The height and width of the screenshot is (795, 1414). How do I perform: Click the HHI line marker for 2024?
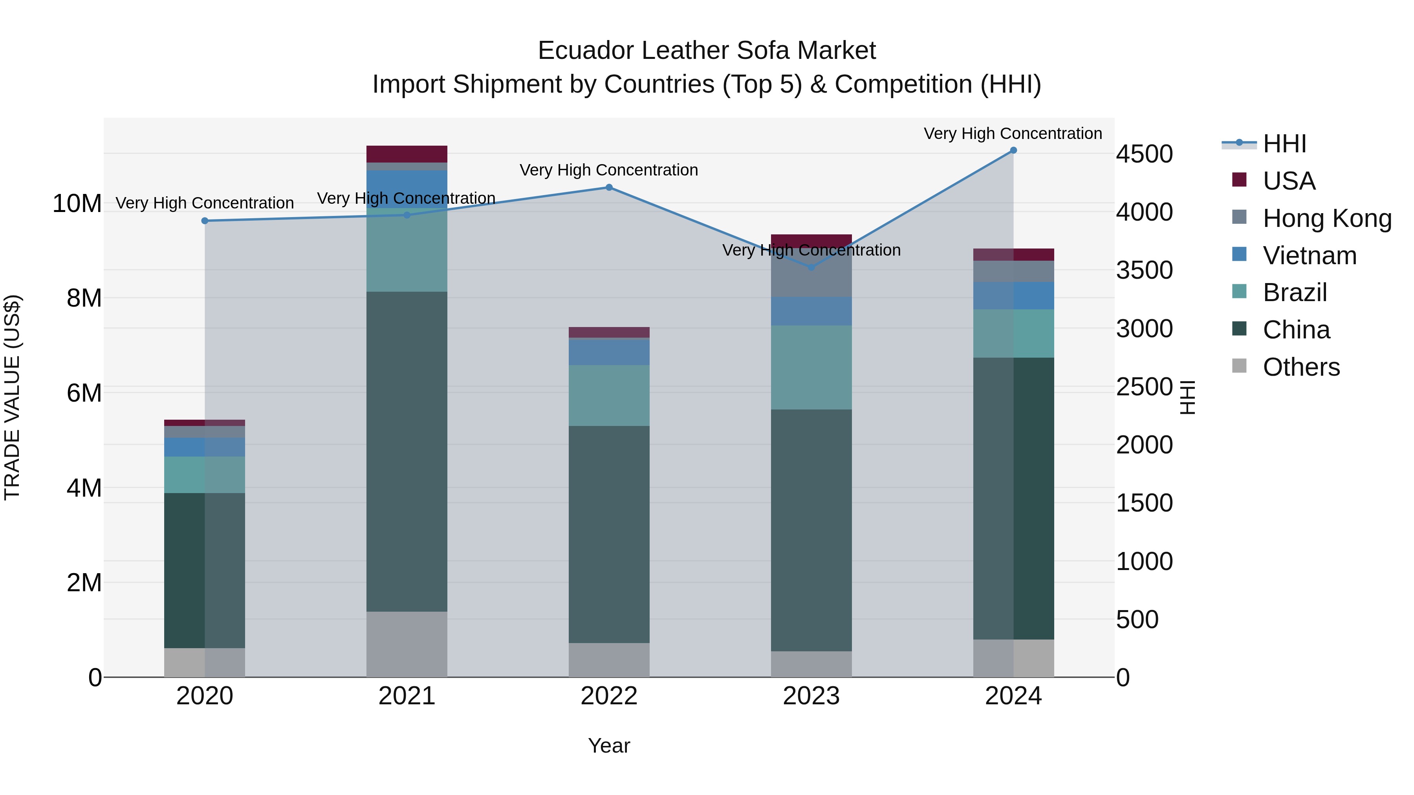[1013, 150]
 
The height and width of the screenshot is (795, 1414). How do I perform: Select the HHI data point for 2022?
[609, 187]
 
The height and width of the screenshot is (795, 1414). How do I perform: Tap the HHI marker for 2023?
[811, 267]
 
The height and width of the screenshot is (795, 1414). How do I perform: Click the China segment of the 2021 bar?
[407, 451]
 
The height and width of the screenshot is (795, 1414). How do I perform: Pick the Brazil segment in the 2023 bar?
[811, 367]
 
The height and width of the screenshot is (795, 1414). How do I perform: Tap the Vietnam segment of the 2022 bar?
[609, 352]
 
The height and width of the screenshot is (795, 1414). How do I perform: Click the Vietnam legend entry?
[1309, 256]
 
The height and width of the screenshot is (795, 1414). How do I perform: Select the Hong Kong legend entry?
[1327, 218]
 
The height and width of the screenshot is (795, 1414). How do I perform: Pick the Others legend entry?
[1301, 367]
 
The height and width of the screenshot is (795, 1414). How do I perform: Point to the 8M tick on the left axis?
[84, 298]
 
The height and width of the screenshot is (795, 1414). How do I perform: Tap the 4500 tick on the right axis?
[1145, 154]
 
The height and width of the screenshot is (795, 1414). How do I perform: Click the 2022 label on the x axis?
[609, 696]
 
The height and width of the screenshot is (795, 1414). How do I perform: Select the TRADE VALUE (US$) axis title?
[12, 397]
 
